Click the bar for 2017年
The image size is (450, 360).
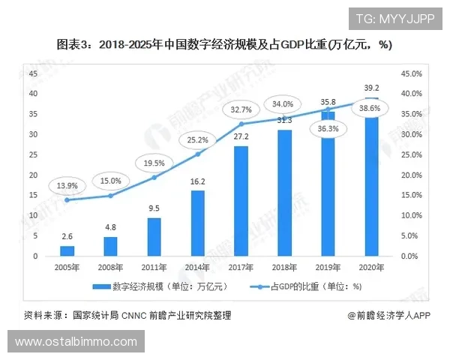click(241, 200)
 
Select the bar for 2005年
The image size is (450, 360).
click(67, 250)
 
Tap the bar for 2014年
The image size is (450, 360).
click(198, 223)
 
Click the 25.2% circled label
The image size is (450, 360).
click(198, 139)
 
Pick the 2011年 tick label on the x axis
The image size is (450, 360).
click(154, 268)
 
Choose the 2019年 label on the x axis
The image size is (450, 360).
click(328, 268)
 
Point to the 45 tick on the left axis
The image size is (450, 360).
click(33, 73)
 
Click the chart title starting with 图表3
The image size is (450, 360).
click(225, 44)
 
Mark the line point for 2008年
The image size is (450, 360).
click(111, 195)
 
